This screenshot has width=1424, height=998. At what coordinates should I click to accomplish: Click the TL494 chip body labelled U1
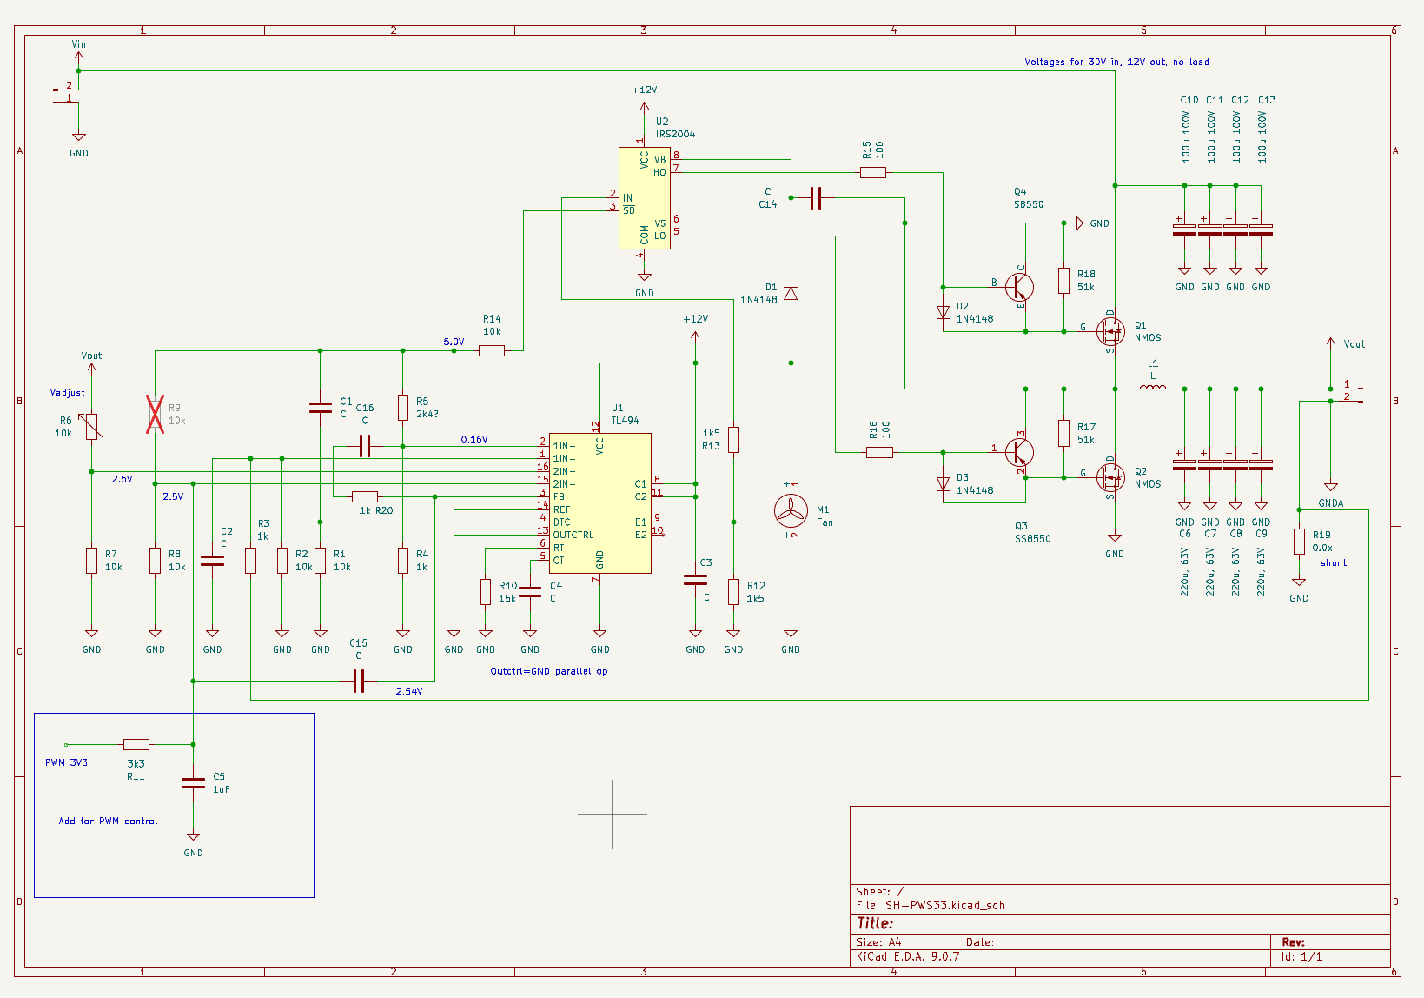pos(599,503)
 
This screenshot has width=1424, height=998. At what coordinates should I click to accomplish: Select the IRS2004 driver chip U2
pos(644,198)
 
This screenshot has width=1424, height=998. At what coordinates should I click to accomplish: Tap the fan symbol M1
pos(791,510)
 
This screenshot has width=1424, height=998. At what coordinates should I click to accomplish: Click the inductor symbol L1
pos(1152,388)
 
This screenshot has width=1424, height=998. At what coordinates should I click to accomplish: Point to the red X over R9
pos(155,414)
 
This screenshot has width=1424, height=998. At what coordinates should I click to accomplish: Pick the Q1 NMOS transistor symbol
pos(1110,330)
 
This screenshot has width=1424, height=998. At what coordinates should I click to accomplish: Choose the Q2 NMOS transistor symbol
pos(1110,477)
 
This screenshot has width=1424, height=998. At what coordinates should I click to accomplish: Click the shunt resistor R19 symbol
pos(1299,542)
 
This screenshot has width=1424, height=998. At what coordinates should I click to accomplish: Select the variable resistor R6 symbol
pos(91,427)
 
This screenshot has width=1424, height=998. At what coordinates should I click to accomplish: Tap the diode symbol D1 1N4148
pos(791,293)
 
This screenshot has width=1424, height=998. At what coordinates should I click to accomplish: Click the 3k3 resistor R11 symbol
pos(136,744)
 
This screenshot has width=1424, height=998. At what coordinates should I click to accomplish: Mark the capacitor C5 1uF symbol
pos(193,783)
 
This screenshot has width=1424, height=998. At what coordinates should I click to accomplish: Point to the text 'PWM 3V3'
pos(66,762)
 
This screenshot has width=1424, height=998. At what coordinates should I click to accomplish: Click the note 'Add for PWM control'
pos(108,821)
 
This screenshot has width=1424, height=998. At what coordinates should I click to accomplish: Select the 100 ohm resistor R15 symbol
pos(873,172)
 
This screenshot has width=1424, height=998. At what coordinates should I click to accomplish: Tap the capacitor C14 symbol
pos(816,198)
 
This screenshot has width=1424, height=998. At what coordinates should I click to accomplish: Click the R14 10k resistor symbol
pos(492,350)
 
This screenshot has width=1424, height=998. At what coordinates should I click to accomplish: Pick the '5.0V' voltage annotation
pos(454,342)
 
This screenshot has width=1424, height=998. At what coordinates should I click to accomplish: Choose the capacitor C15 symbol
pos(359,681)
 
